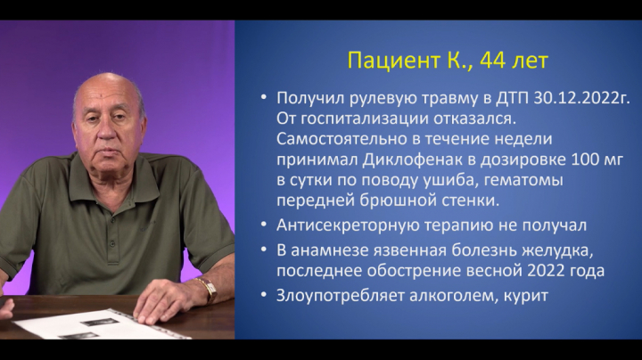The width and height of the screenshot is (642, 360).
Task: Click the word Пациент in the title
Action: pos(393,61)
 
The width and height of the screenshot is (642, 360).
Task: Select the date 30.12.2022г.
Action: pos(582,99)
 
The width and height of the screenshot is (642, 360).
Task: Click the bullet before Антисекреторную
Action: pos(264,225)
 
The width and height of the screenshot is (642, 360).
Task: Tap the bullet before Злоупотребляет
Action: pos(264,295)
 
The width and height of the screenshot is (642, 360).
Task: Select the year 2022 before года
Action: pos(547,271)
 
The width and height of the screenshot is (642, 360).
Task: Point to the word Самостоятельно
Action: pos(342,139)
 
